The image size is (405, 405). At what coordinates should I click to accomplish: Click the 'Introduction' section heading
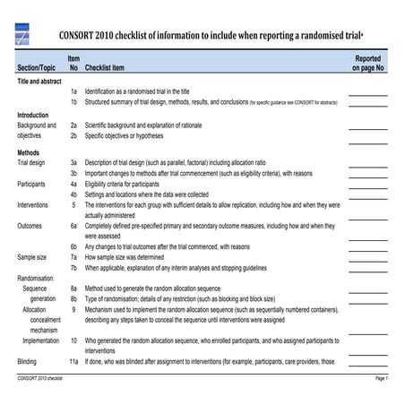click(x=33, y=116)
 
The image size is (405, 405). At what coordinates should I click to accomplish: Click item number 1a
click(x=73, y=91)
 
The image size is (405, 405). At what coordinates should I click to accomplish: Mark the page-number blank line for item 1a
click(x=368, y=94)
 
